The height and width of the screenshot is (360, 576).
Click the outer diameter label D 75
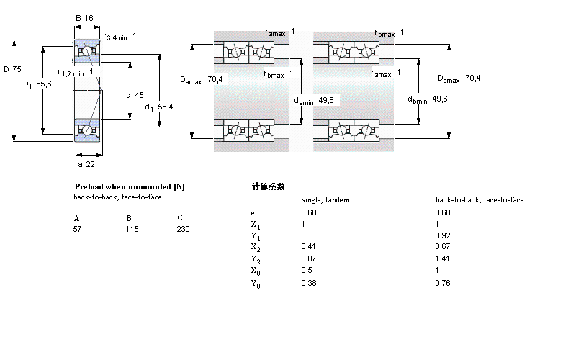[13, 69]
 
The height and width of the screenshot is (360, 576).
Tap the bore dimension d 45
[135, 94]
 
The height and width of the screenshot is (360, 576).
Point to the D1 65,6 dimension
[37, 84]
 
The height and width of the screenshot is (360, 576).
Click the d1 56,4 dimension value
[158, 107]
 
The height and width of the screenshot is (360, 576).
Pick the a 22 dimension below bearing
[86, 164]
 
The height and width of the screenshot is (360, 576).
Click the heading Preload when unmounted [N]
[130, 186]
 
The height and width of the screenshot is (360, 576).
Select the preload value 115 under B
[132, 228]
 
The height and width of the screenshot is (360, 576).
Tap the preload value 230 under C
[183, 228]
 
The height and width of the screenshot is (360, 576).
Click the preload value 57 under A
[78, 228]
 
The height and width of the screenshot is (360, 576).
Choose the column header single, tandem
[325, 200]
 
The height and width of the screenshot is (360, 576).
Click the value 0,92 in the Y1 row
[443, 235]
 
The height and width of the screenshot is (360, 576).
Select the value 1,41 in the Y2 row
[443, 258]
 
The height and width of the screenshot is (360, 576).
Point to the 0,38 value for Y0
[308, 282]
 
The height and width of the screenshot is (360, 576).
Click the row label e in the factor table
[252, 213]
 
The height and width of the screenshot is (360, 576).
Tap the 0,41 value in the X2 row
[308, 247]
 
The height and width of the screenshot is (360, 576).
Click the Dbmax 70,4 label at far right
[458, 78]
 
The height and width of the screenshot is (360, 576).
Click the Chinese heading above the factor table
[268, 186]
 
